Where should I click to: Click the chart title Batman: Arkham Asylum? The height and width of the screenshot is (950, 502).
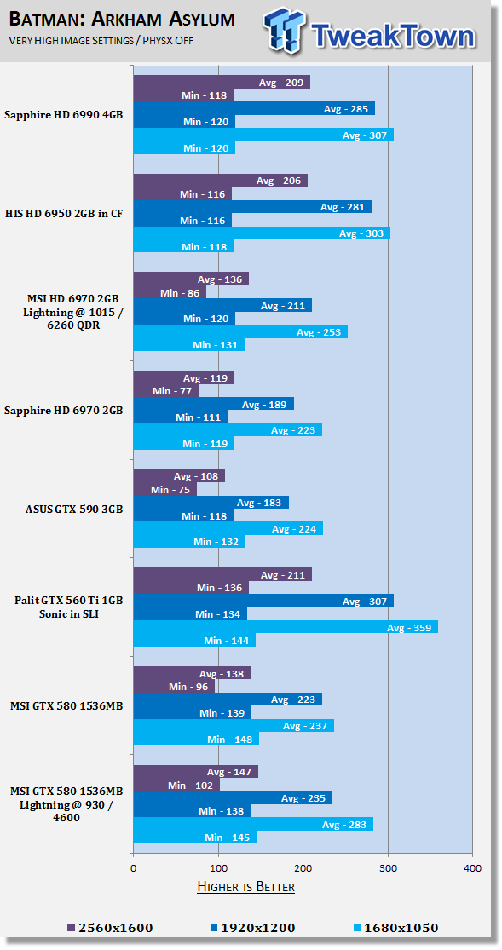[x=122, y=20]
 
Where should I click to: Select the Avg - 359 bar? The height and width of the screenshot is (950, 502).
[x=286, y=627]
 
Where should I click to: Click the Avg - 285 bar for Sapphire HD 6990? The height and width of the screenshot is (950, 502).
[x=254, y=108]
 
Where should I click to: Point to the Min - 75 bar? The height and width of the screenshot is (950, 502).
[x=164, y=489]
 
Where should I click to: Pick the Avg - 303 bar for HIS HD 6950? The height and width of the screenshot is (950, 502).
[x=262, y=233]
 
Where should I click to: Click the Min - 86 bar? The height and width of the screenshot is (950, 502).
[x=170, y=292]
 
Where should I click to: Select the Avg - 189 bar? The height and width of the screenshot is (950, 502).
[x=213, y=404]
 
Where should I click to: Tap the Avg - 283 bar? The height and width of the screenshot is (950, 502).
[x=253, y=824]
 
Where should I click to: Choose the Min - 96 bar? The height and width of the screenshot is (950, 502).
[x=174, y=687]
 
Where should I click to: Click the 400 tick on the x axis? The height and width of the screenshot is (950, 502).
[x=473, y=868]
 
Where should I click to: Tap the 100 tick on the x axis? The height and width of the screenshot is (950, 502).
[x=218, y=868]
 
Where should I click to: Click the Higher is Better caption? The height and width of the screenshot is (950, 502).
[x=246, y=888]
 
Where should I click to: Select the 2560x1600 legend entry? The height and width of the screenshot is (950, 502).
[x=110, y=928]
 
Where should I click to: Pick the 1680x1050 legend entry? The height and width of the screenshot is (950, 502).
[x=395, y=928]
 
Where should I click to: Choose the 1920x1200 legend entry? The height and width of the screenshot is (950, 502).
[x=252, y=928]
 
